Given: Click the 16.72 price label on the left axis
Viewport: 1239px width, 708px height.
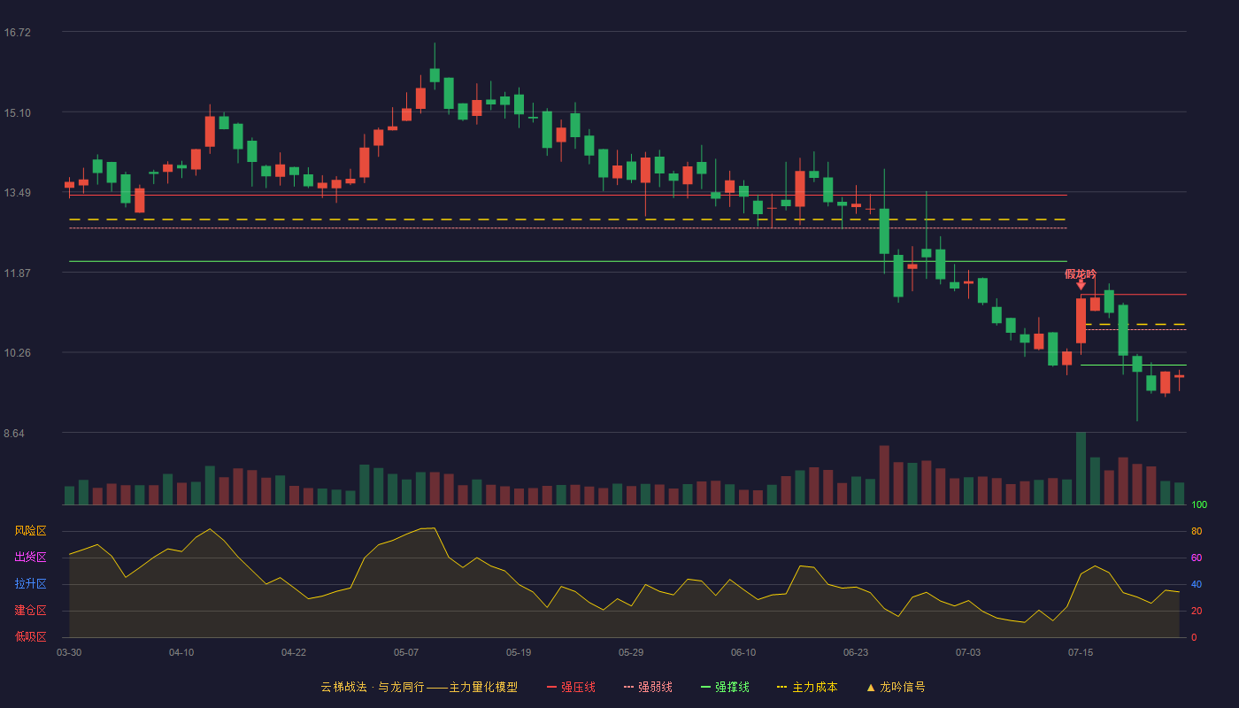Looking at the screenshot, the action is coord(17,33).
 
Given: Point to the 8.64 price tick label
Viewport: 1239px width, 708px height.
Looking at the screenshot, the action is coord(14,434).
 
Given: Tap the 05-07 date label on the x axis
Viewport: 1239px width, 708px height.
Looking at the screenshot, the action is coord(406,653).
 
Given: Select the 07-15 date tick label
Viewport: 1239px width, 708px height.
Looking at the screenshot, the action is coord(1081,653).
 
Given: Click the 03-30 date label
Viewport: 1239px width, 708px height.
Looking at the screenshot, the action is coord(69,653).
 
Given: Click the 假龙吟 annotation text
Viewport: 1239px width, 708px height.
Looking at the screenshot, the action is coord(1081,274).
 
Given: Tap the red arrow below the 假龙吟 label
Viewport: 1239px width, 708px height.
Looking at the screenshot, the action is coord(1081,285).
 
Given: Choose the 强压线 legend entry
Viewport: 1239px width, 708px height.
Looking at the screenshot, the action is coord(572,687).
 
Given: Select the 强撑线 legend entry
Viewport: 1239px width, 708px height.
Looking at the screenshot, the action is coord(725,687).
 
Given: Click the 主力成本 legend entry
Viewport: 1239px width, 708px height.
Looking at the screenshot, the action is coord(807,687).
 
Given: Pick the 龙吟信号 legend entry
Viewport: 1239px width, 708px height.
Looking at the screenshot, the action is coord(896,687).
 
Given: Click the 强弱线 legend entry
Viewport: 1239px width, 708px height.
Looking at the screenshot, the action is coord(648,687).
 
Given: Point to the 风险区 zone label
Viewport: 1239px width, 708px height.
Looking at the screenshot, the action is coord(30,531).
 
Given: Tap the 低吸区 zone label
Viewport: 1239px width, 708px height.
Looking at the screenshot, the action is coord(30,637).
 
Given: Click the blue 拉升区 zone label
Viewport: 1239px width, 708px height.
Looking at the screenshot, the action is coord(30,584).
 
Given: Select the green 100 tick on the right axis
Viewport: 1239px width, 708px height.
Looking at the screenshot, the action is coord(1199,504).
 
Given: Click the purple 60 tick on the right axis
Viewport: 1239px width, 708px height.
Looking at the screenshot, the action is coord(1197,558).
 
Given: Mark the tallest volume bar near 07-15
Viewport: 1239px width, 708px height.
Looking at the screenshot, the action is coord(1081,468).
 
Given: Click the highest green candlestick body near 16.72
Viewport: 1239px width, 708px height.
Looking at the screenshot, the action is coord(435,75).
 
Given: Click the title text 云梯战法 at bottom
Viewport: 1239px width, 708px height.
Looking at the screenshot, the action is coord(343,687).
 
